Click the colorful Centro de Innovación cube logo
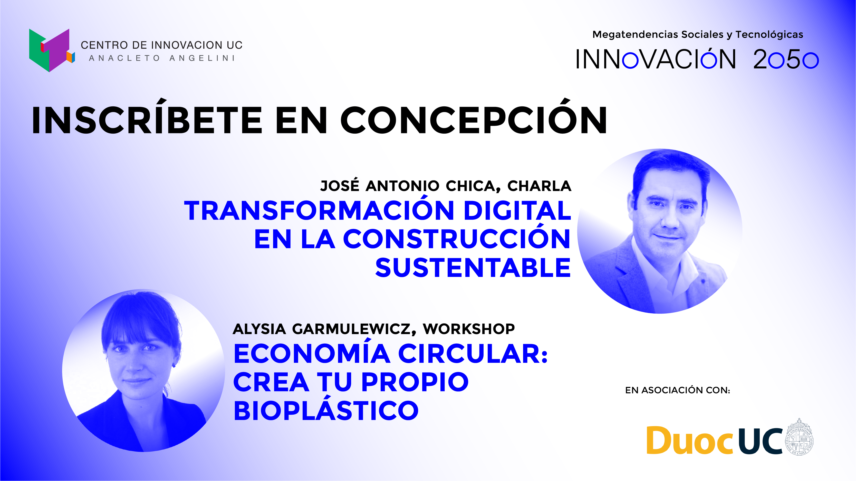click(52, 50)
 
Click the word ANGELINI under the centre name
click(202, 58)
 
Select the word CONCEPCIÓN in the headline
click(474, 117)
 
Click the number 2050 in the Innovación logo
click(786, 60)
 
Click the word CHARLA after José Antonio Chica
click(539, 186)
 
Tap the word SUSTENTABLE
click(473, 268)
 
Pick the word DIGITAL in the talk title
click(517, 210)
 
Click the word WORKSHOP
click(468, 329)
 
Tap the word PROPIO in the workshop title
click(415, 382)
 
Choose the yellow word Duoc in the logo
click(689, 440)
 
